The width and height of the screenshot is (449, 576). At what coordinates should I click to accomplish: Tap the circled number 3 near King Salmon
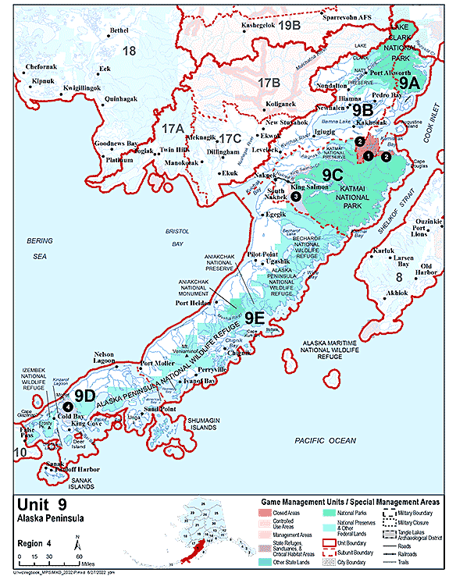pyautogui.click(x=296, y=197)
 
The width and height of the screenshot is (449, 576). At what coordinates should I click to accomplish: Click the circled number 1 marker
pyautogui.click(x=367, y=156)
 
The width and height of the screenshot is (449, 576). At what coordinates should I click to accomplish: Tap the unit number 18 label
pyautogui.click(x=130, y=51)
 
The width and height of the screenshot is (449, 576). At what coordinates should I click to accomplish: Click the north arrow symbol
pyautogui.click(x=76, y=539)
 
